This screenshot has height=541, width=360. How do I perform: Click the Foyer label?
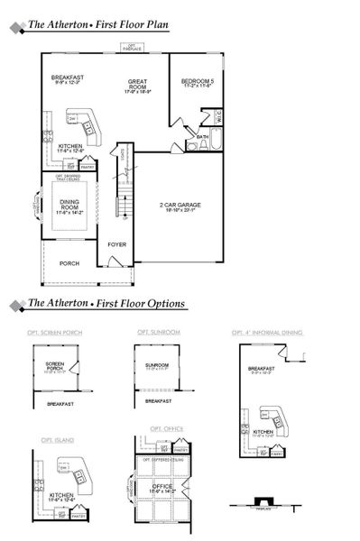(x=117, y=244)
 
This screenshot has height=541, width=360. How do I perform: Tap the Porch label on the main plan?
(x=69, y=263)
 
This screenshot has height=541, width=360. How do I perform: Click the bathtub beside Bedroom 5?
(x=197, y=144)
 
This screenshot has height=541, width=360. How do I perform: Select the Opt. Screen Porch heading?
(x=61, y=333)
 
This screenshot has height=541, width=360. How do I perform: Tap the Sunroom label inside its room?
(x=157, y=366)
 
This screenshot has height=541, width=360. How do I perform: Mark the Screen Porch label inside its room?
(x=55, y=368)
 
